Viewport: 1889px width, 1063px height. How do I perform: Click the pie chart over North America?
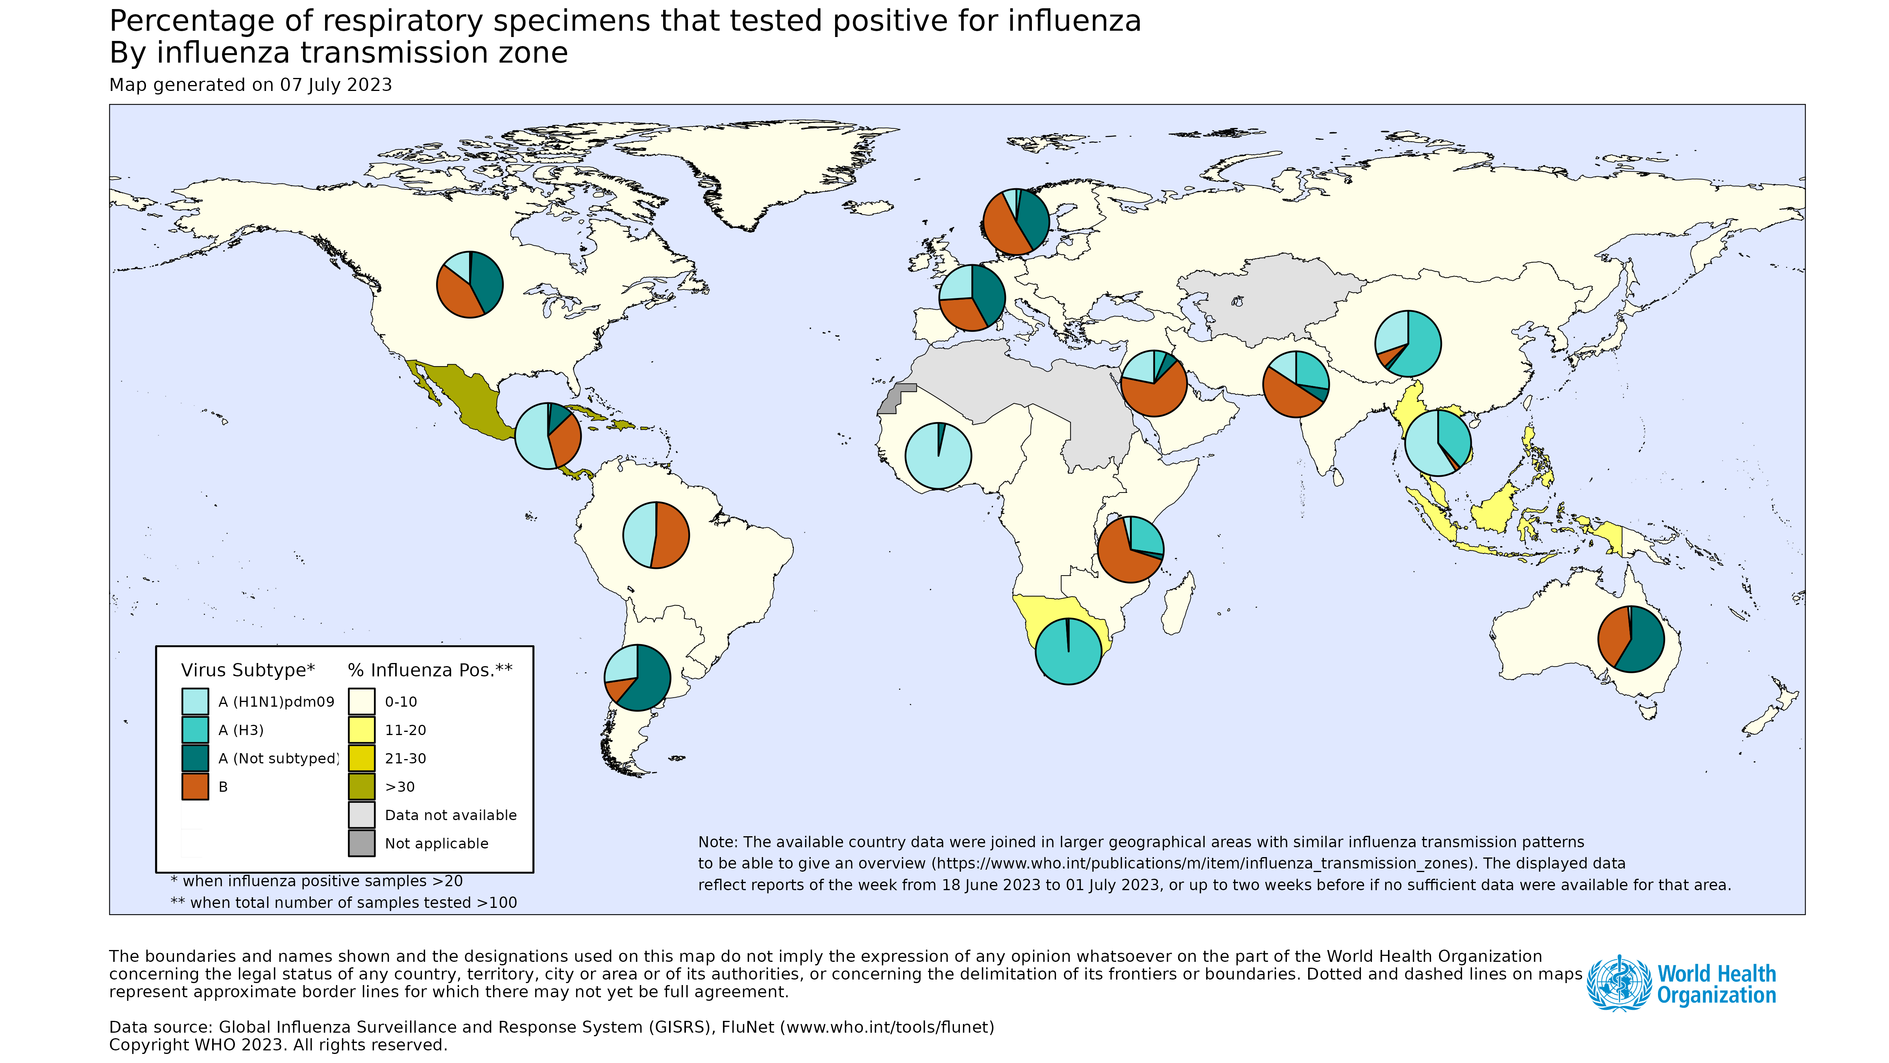(x=469, y=285)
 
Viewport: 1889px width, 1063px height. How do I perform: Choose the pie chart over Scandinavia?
(x=1016, y=222)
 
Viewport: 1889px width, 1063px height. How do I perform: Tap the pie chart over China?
(x=1407, y=343)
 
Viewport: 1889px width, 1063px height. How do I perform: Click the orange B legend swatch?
(x=195, y=787)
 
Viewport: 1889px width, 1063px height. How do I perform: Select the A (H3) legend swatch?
(x=195, y=730)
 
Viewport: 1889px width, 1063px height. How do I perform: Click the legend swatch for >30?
(x=362, y=787)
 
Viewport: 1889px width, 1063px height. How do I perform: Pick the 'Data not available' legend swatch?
(x=362, y=815)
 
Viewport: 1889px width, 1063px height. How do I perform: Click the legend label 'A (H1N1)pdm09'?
(x=276, y=702)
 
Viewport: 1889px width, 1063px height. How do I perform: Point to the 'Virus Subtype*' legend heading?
(x=248, y=670)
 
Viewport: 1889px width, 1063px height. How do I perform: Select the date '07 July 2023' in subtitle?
(x=336, y=85)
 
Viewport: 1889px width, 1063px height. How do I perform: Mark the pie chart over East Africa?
(x=1130, y=550)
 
